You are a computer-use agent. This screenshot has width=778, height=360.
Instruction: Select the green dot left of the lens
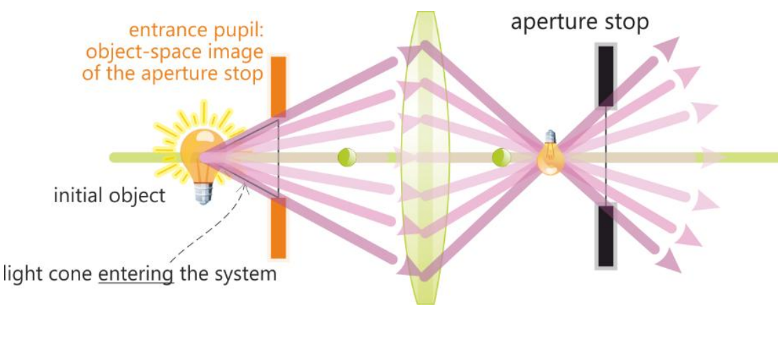click(347, 157)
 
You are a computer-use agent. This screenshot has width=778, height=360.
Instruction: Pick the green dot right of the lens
click(501, 157)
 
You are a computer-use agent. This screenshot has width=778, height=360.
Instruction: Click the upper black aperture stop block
click(605, 75)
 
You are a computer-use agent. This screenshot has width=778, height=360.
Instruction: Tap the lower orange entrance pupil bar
click(278, 226)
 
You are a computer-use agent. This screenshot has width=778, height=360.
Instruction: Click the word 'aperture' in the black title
click(552, 22)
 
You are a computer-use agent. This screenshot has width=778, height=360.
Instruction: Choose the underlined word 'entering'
click(136, 275)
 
